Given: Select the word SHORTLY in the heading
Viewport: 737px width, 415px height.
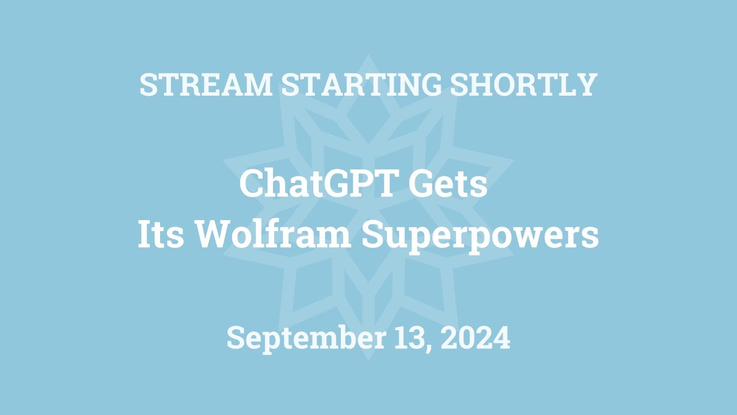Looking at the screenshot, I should pos(523,85).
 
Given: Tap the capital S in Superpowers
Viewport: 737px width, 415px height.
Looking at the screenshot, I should pos(373,236).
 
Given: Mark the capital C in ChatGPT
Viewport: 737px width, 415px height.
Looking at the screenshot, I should pos(252,185).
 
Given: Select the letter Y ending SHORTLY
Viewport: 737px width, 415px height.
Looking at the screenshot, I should pos(587,85).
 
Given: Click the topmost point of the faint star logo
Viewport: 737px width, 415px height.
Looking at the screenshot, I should pos(368,55).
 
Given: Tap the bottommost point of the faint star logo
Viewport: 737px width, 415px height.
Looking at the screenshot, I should pos(368,360).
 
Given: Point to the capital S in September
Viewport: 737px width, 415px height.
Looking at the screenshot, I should pos(235,338).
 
